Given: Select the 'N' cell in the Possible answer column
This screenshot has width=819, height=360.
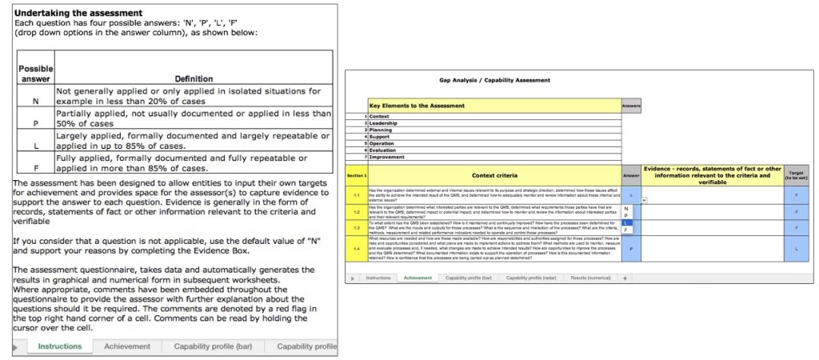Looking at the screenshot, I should coord(35,102).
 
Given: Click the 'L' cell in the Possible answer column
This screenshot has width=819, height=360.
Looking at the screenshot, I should coord(35,146).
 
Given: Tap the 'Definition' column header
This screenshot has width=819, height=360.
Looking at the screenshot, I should coord(194,78).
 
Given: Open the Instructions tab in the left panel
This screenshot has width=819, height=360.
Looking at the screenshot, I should coord(60,346).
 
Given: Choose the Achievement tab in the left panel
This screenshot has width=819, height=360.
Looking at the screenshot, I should coord(126,346).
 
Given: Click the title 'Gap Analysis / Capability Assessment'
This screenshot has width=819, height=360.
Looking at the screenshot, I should coord(495,80).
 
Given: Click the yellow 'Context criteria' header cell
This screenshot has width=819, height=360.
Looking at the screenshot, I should coord(494,174).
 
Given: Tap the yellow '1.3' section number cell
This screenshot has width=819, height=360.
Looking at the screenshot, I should coord(357,227).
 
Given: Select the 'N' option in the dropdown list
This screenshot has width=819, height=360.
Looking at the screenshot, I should coord(626,208).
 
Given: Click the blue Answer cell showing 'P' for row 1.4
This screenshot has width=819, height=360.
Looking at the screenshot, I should coord(631,248).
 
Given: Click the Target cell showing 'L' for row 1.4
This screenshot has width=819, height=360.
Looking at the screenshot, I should coord(797,248).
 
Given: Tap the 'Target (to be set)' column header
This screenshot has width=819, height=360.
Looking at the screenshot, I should coord(797,174).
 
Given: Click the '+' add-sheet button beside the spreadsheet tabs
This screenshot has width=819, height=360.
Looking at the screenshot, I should coord(625,278).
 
